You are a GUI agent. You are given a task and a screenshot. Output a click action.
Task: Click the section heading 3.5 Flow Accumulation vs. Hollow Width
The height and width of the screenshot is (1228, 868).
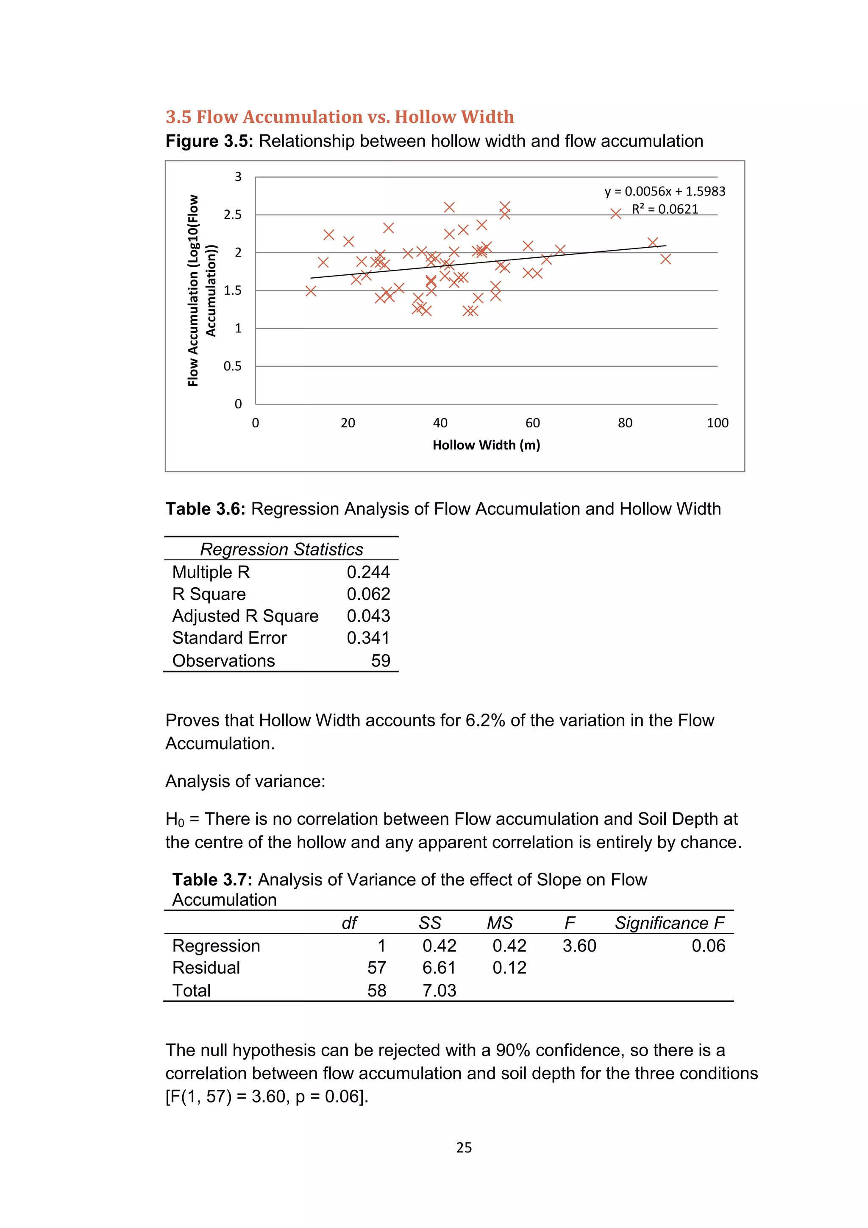pos(339,117)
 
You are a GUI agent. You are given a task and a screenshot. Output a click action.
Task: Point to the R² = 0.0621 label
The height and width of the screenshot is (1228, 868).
pos(665,209)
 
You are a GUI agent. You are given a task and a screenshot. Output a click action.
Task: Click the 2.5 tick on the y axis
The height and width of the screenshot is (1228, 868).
pos(233,215)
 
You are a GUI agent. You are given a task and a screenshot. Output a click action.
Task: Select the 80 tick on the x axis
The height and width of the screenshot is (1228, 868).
pos(625,423)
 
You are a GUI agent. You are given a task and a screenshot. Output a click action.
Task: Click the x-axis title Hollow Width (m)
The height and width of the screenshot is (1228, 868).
pos(486,445)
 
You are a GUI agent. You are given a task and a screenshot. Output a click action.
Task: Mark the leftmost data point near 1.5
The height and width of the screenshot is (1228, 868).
pos(311,291)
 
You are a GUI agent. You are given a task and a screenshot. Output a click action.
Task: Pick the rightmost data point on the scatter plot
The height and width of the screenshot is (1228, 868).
pos(665,259)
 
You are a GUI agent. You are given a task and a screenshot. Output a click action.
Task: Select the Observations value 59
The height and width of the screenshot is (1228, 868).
pos(381,661)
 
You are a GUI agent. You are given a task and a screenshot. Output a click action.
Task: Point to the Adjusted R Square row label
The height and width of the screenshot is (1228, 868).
pos(245,616)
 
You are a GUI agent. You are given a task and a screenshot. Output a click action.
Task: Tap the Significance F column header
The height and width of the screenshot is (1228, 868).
pos(669,923)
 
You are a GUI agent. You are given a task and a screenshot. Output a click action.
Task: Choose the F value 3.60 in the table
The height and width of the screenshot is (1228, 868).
pos(579,946)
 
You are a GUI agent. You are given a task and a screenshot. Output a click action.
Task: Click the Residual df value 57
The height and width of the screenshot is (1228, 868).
pos(376,968)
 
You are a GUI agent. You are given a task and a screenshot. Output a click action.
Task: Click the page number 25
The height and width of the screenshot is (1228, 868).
pos(463,1147)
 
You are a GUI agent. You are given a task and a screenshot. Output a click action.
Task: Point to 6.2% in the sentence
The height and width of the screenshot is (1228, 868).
pos(485,720)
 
